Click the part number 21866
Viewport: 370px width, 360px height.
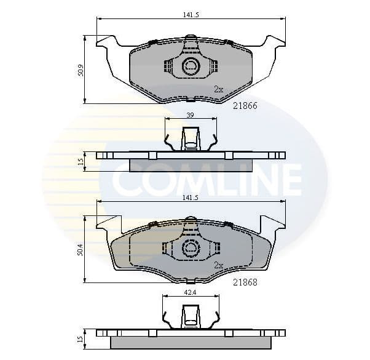pos(245,106)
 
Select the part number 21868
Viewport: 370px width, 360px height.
pos(245,283)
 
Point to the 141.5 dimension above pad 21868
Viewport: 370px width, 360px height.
pos(190,198)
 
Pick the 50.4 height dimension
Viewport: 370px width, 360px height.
pos(81,249)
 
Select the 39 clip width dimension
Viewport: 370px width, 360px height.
pos(190,115)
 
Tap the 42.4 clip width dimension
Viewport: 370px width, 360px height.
pos(191,292)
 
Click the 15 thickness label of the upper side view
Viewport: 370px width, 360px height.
pos(81,162)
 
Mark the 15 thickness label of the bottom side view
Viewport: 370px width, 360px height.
pos(81,339)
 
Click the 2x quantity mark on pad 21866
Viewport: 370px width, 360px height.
pos(218,89)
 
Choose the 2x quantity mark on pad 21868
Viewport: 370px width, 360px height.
pos(218,266)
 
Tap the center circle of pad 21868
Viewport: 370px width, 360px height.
pos(191,247)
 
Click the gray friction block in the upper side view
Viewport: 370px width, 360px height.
pos(191,165)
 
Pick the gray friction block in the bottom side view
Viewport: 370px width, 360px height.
pos(191,342)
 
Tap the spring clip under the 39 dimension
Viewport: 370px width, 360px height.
pos(191,139)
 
